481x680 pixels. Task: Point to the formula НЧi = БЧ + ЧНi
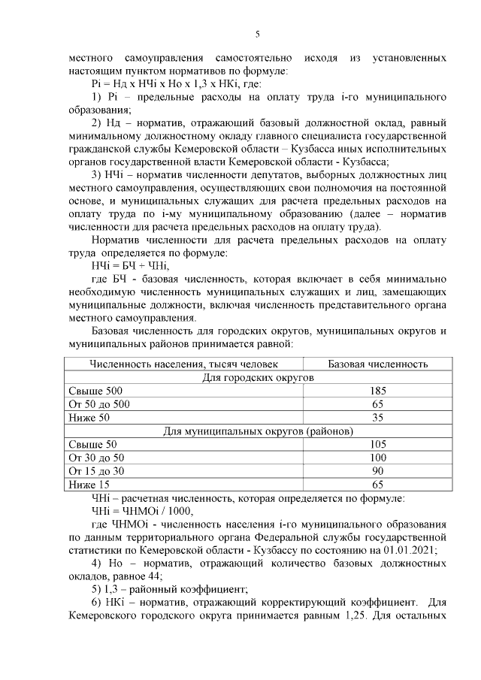129,265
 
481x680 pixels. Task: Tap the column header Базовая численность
378,364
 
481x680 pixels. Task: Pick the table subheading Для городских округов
259,377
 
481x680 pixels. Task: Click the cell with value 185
378,391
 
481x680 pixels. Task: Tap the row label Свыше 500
95,391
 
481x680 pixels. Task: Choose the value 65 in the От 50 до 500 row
378,404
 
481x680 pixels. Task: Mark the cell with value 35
378,417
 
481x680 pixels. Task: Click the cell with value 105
378,444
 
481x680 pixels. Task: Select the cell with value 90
378,471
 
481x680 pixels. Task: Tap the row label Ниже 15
89,485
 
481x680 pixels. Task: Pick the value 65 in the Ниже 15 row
378,485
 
